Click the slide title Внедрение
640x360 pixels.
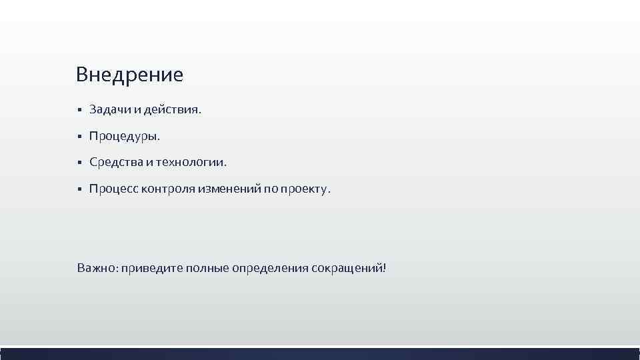[x=129, y=74]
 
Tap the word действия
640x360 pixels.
[x=175, y=109]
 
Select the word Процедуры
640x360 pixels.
[x=125, y=137]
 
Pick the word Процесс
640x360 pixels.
[x=113, y=189]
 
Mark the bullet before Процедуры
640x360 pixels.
[x=79, y=137]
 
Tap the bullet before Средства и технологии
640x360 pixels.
[x=79, y=163]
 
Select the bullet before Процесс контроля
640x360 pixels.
[x=79, y=189]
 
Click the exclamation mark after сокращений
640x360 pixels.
[x=384, y=267]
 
